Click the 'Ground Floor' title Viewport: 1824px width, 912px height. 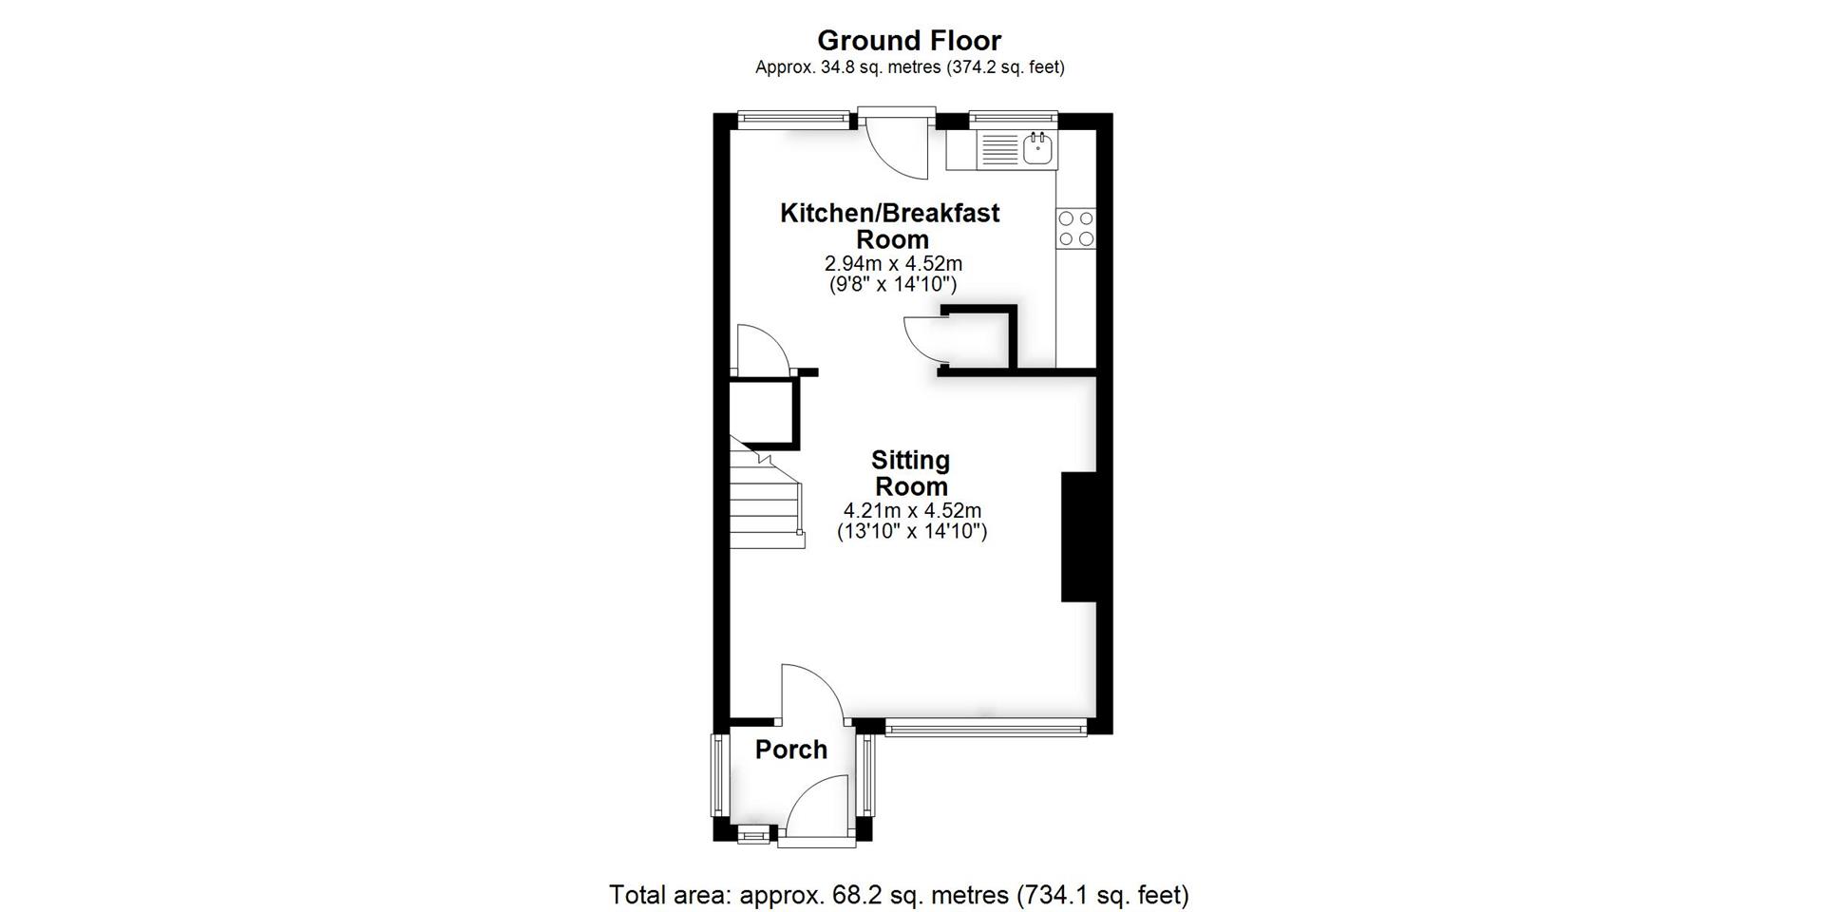tap(909, 41)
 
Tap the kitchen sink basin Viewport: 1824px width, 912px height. tap(1038, 148)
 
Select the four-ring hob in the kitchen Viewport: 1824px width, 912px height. tap(1075, 228)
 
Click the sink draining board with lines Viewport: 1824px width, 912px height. tap(998, 150)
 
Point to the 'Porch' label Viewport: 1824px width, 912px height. tap(790, 750)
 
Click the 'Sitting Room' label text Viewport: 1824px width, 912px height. tap(910, 473)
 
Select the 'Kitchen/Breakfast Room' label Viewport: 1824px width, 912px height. tap(890, 225)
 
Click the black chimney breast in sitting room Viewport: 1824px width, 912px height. tap(1077, 537)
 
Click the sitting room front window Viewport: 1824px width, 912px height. tap(985, 728)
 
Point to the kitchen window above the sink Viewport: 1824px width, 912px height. tap(1013, 119)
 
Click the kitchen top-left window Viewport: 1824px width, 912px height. tap(793, 119)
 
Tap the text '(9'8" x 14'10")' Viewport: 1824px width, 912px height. tap(892, 284)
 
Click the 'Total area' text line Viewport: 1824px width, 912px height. tap(898, 894)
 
